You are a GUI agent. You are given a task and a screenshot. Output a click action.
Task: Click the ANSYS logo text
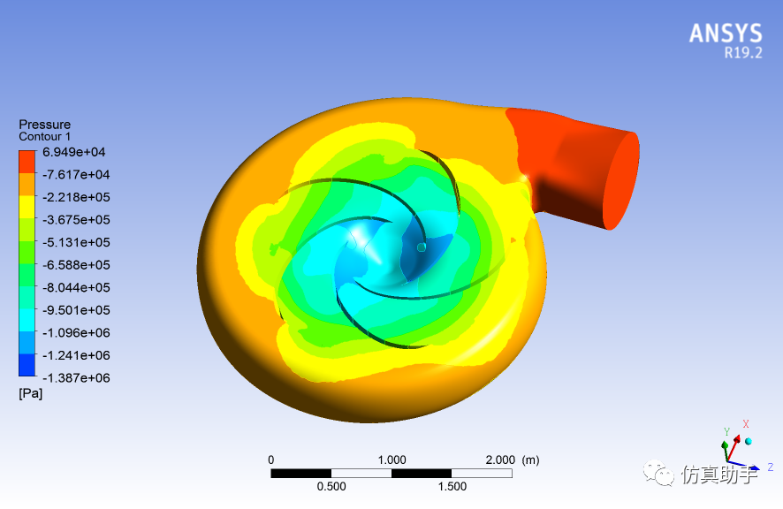[x=726, y=34]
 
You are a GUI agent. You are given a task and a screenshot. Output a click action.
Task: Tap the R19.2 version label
[x=743, y=53]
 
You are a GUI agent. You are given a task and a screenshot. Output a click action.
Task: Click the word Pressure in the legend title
[x=44, y=125]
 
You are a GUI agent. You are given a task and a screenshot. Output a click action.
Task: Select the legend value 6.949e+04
[x=74, y=152]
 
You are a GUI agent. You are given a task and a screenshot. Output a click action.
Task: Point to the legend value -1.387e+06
[x=76, y=377]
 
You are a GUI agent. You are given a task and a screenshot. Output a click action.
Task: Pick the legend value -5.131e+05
[x=76, y=242]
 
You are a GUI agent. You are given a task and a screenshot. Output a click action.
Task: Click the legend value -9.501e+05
[x=76, y=310]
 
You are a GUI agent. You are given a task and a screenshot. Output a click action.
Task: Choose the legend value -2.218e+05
[x=76, y=197]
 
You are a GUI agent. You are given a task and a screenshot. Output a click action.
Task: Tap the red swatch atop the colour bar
[x=27, y=162]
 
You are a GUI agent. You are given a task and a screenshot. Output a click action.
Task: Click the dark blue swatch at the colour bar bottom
[x=27, y=365]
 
